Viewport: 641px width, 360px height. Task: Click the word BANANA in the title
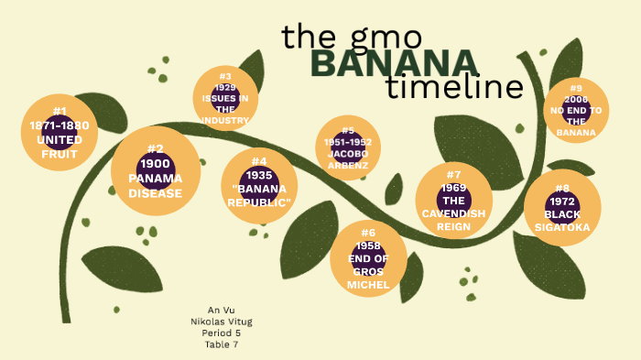pos(394,63)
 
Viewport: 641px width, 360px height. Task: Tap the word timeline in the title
pos(454,88)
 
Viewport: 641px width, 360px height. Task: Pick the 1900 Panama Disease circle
pos(155,171)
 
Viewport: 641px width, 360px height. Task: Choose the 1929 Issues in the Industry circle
pos(225,97)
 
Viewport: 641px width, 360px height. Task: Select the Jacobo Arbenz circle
pos(348,147)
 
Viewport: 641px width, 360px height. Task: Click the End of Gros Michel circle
pos(368,259)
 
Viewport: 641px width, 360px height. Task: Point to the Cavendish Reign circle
pos(453,201)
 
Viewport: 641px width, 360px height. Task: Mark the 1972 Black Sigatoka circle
pos(561,208)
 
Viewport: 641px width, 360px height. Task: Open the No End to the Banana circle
pos(576,111)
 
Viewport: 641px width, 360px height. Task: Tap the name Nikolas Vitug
pos(222,322)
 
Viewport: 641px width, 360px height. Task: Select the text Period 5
pos(222,333)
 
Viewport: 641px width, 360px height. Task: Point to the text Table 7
pos(222,344)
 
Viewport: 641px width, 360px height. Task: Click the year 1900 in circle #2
pos(155,163)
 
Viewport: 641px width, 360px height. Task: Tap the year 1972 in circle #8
pos(561,202)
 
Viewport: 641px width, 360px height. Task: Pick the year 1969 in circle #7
pos(453,188)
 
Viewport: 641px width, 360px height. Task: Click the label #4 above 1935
pos(259,161)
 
